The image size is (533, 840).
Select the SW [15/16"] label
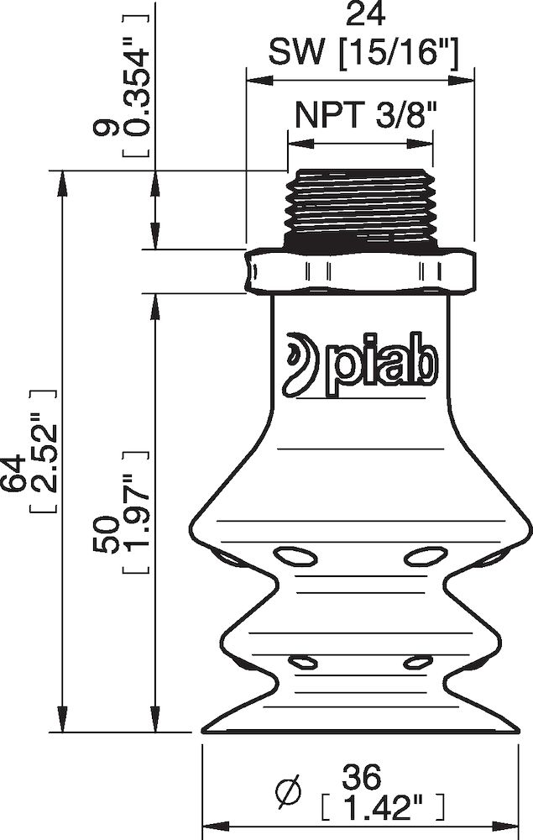[362, 55]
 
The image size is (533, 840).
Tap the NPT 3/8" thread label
[361, 115]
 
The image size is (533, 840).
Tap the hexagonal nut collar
[360, 270]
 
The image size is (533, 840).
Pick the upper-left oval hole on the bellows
[295, 555]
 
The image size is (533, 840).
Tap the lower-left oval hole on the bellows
[304, 663]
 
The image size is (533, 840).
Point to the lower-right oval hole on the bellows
[416, 663]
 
